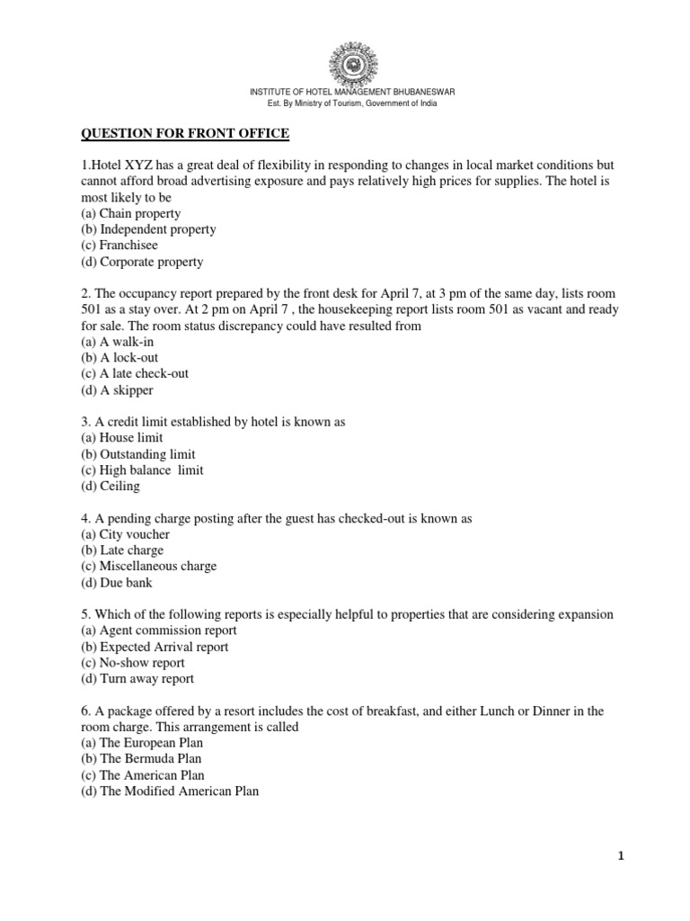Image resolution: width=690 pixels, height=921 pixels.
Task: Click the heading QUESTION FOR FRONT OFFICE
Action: pos(185,134)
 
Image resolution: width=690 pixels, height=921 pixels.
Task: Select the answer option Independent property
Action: pos(148,229)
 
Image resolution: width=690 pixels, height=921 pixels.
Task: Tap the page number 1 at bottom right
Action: pos(620,856)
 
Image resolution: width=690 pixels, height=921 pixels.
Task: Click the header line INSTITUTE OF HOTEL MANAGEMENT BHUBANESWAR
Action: pos(345,93)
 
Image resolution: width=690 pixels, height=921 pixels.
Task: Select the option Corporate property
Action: pos(142,262)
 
